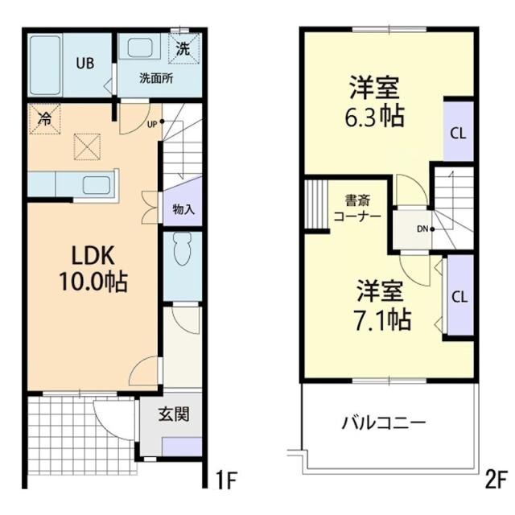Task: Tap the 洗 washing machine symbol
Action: click(x=183, y=47)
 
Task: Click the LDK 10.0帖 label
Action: click(x=89, y=270)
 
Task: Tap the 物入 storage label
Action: click(x=183, y=209)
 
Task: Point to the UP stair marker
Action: click(x=152, y=124)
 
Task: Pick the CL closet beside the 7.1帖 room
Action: click(x=458, y=295)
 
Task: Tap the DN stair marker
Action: click(x=422, y=229)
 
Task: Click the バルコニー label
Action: click(x=383, y=422)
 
